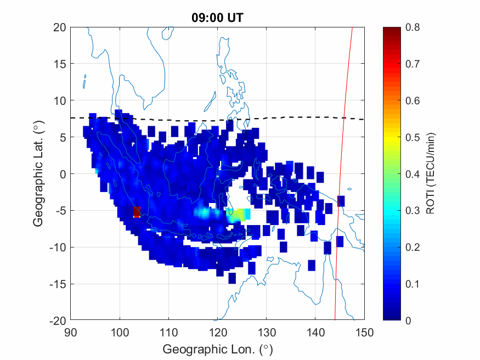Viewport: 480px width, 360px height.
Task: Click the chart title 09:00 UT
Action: [217, 18]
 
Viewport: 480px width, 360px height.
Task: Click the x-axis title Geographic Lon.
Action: [217, 349]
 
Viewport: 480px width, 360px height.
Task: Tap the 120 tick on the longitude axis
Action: [217, 331]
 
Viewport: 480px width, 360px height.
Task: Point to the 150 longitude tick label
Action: [364, 331]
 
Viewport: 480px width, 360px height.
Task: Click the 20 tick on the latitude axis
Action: [60, 27]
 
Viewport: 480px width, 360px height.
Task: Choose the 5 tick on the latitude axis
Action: [63, 137]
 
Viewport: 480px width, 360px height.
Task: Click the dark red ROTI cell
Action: [137, 212]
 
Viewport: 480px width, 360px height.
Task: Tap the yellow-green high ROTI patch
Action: [237, 215]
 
